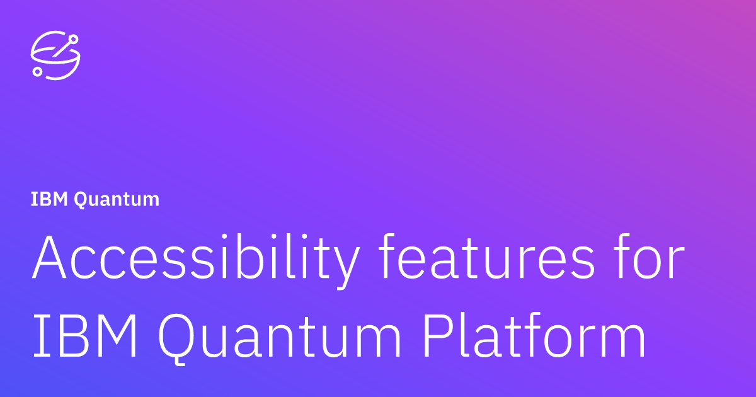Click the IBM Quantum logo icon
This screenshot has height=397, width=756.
pos(55,55)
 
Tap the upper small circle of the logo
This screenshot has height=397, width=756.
pos(73,40)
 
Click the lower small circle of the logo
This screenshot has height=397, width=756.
pos(37,72)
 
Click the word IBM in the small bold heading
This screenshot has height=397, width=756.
pos(49,199)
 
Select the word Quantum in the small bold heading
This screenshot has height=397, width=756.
pos(117,200)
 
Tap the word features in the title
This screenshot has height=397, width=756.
pos(486,256)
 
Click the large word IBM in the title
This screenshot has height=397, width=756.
pos(84,335)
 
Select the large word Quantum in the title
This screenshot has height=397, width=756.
pos(279,338)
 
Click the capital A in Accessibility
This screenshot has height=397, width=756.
pos(49,257)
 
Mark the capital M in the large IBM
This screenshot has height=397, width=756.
pos(120,335)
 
